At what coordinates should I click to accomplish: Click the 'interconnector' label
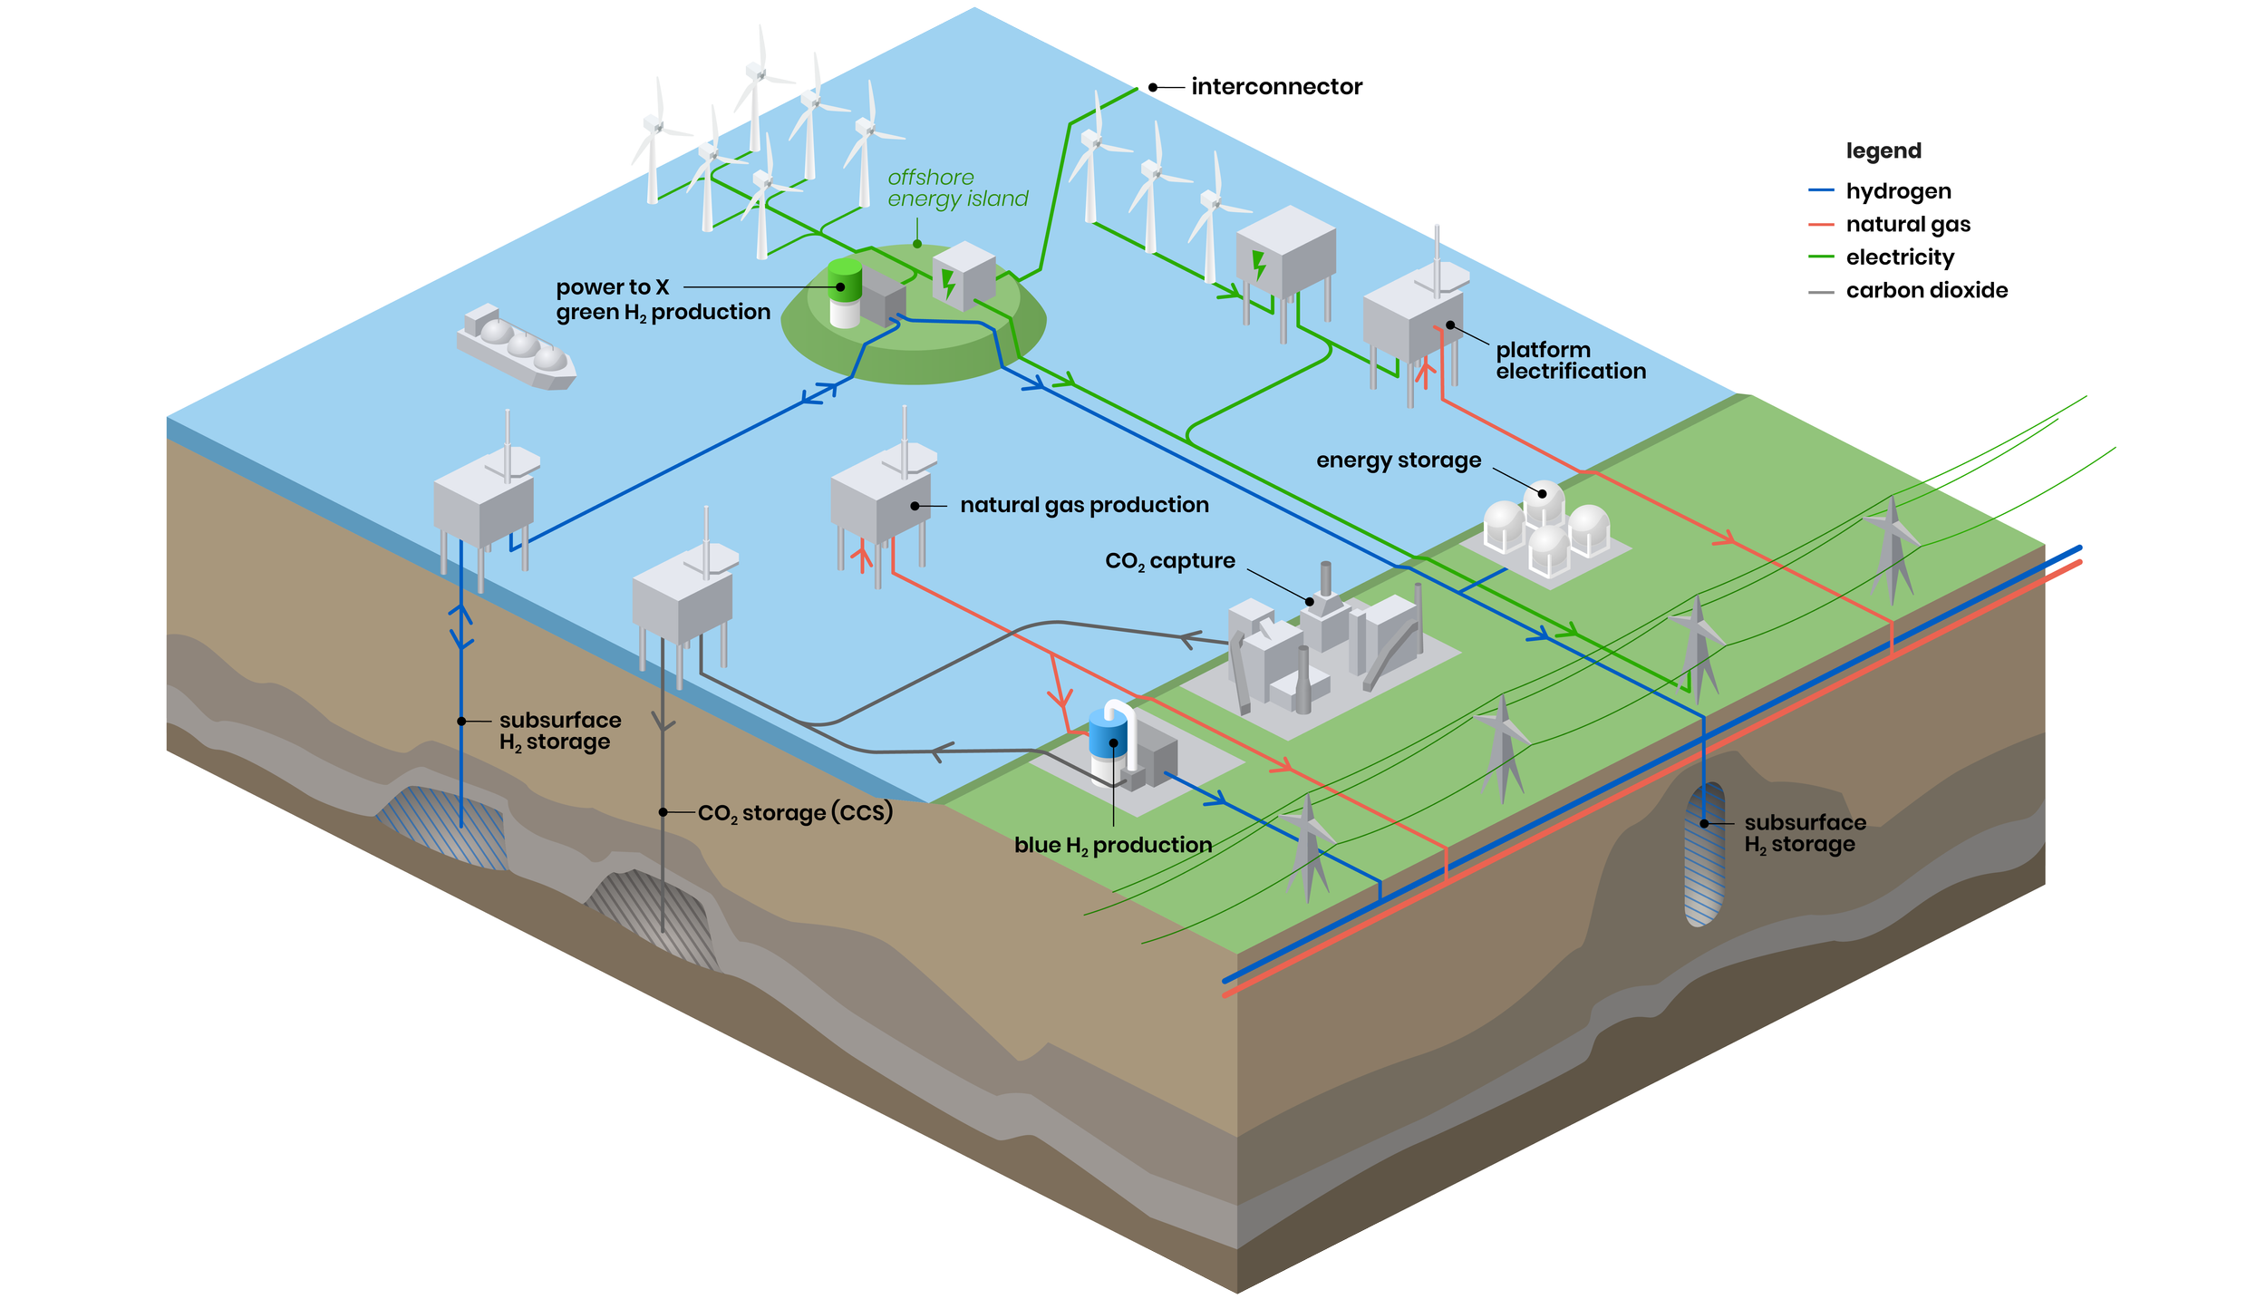coord(1275,87)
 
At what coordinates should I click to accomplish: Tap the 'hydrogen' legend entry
coord(1898,191)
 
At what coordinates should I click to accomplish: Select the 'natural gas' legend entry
coord(1907,225)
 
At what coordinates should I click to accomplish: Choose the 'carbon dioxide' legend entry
coord(1926,290)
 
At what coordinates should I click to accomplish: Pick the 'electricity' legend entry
coord(1900,257)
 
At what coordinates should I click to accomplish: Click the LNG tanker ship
coord(515,348)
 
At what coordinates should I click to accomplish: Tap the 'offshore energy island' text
coord(956,188)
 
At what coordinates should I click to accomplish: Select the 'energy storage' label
coord(1398,460)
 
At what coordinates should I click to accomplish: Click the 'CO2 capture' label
coord(1169,561)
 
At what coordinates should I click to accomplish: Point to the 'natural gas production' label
coord(1084,505)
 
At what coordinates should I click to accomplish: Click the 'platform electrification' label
coord(1570,361)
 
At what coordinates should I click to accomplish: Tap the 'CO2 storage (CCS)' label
coord(795,813)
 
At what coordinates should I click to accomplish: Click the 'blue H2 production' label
coord(1112,845)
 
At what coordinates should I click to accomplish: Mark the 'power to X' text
coord(613,287)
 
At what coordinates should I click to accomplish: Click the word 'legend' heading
coord(1883,150)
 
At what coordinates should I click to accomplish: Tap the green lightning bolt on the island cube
coord(949,284)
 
